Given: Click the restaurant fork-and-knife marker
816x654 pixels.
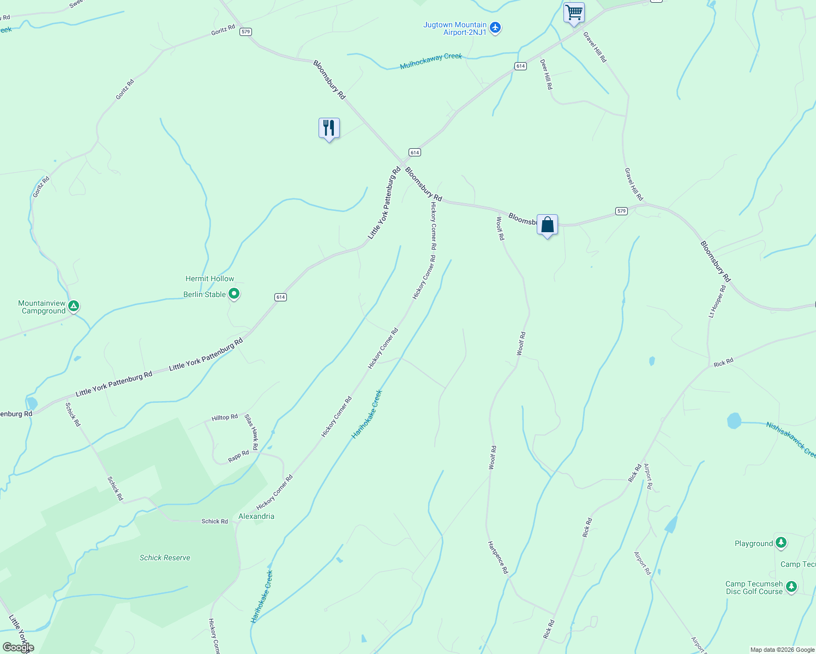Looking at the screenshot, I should [x=329, y=129].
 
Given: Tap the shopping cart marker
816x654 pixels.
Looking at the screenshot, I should [x=574, y=13].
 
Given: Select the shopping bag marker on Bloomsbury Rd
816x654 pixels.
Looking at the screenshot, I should [x=547, y=225].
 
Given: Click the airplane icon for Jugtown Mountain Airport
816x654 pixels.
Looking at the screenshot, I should [x=495, y=28].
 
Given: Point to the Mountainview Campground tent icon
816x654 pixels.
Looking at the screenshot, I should [x=74, y=306].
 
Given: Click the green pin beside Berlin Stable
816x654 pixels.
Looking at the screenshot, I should [x=234, y=294].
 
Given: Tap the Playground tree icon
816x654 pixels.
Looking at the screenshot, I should [x=781, y=542].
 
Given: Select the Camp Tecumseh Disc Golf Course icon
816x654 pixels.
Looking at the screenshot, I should [x=791, y=588].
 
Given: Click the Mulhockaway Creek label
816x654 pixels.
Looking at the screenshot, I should [x=431, y=60].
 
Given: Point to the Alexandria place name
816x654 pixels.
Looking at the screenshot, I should [x=256, y=516].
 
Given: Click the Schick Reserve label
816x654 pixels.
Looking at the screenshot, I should [x=165, y=558].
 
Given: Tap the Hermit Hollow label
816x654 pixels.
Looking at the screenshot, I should [x=209, y=278].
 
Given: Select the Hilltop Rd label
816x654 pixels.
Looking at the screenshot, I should [x=225, y=417].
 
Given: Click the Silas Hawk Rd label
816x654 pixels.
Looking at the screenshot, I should [x=251, y=428].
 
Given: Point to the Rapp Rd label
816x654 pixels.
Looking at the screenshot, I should [x=238, y=456].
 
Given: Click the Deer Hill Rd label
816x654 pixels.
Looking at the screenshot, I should [x=546, y=74].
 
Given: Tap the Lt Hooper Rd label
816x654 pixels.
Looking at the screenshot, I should [x=717, y=301].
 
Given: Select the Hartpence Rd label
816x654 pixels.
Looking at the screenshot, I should [x=498, y=557].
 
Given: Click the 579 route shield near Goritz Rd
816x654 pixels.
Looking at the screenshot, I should [x=245, y=32].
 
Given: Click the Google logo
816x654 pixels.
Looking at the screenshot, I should [x=19, y=647].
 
